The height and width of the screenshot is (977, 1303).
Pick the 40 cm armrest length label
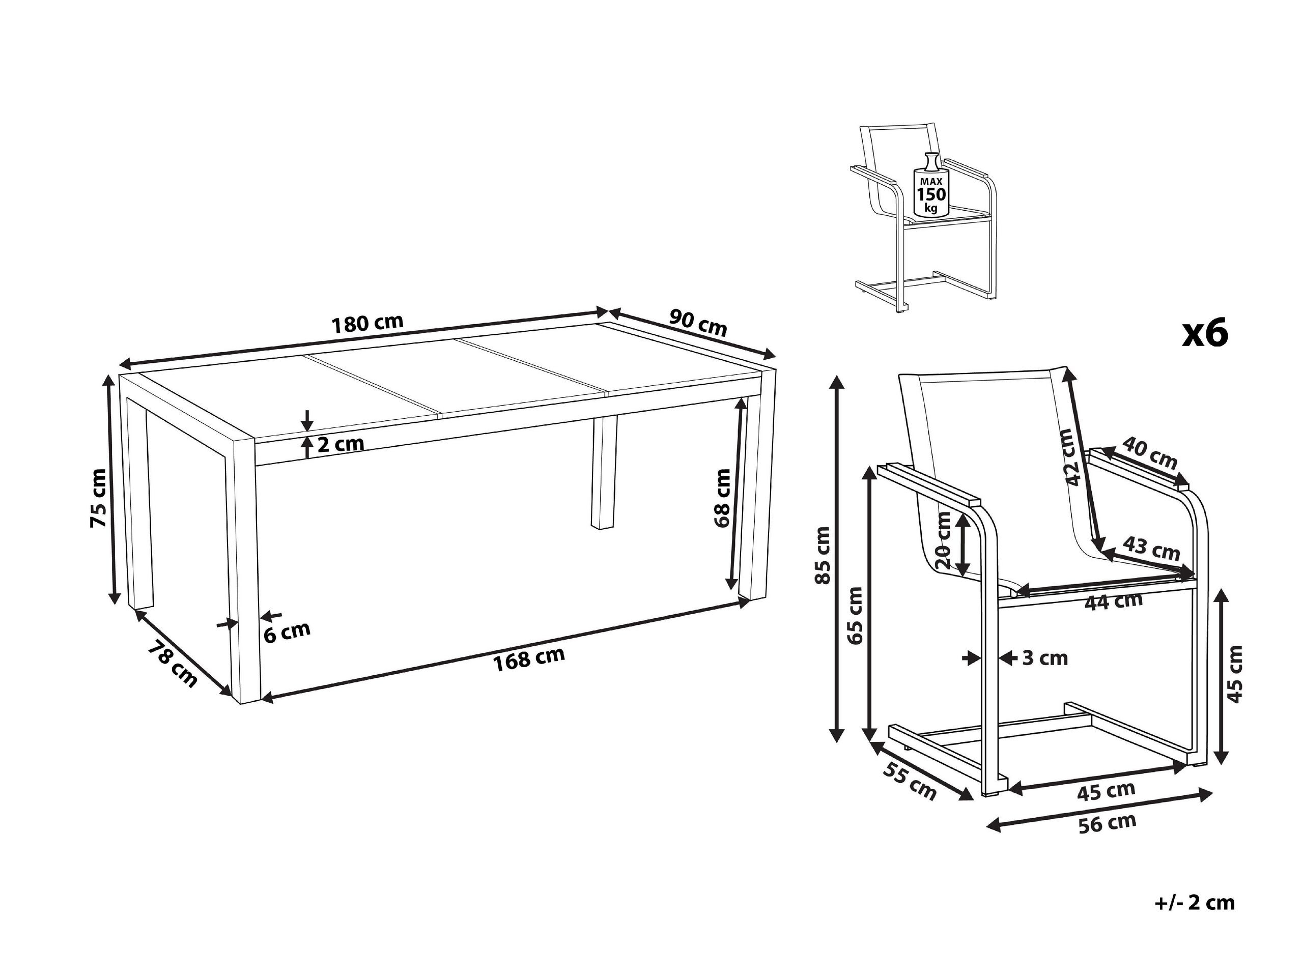point(1149,452)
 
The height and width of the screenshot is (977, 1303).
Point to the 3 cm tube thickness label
point(1044,658)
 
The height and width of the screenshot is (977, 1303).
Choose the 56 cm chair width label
point(1107,823)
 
